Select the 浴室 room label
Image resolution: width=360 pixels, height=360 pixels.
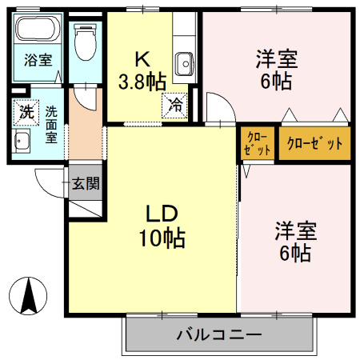(x=37, y=59)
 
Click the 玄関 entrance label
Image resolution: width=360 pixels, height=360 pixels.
(x=86, y=183)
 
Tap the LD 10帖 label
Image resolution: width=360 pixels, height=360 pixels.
(x=165, y=226)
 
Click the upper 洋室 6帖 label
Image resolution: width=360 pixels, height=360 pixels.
(x=276, y=69)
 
